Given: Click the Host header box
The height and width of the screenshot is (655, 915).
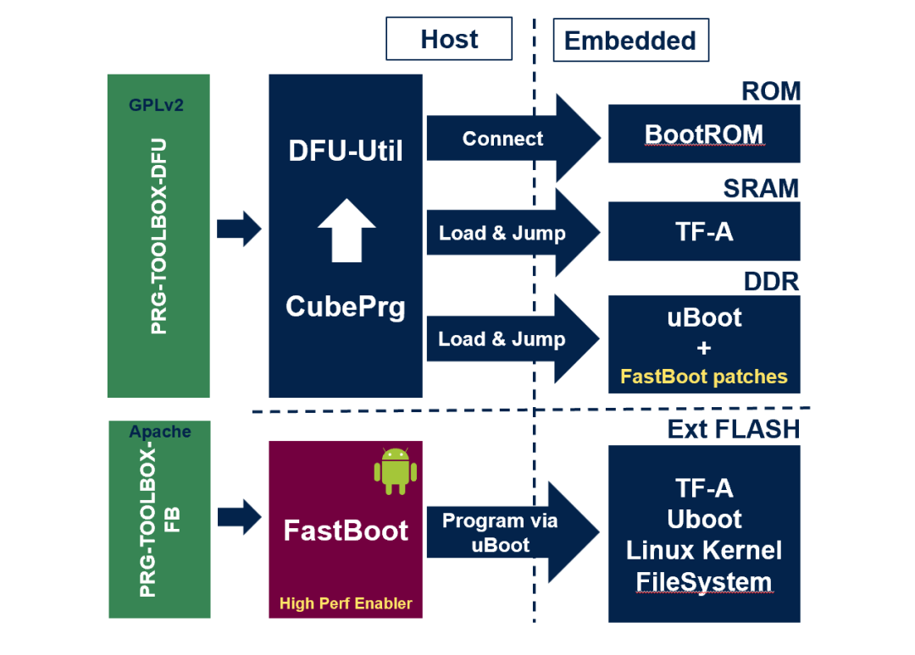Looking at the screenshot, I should pyautogui.click(x=449, y=39).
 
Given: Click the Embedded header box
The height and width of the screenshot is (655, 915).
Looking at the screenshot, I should pyautogui.click(x=630, y=40).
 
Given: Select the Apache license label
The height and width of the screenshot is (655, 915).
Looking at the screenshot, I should pyautogui.click(x=160, y=432).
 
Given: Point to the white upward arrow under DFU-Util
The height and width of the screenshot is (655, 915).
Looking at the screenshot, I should pyautogui.click(x=347, y=229).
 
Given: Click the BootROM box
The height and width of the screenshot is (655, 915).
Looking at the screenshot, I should pyautogui.click(x=704, y=134).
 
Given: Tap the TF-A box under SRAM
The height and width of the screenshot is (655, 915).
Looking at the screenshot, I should pyautogui.click(x=704, y=231).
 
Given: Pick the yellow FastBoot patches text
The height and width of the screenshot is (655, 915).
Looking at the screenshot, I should pyautogui.click(x=704, y=377).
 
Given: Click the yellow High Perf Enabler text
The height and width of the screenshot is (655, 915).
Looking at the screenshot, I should pyautogui.click(x=346, y=603).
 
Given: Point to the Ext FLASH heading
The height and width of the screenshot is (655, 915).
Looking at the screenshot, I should pyautogui.click(x=734, y=429).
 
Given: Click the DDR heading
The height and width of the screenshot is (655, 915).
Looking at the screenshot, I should pyautogui.click(x=771, y=281).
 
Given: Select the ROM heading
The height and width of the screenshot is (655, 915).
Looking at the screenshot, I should pyautogui.click(x=771, y=91).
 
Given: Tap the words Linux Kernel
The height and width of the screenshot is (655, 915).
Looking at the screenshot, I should pyautogui.click(x=704, y=550).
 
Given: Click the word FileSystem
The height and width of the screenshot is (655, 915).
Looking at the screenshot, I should pyautogui.click(x=704, y=581).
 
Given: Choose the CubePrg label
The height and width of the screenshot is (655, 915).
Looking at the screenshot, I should pyautogui.click(x=346, y=305).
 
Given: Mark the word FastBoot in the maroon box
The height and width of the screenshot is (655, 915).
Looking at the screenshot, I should pyautogui.click(x=346, y=531).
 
